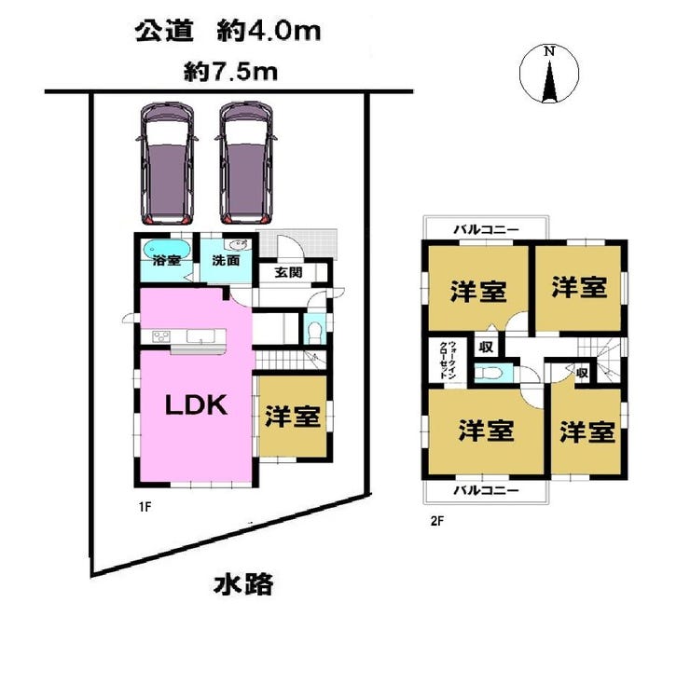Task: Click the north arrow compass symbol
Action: pyautogui.click(x=549, y=74)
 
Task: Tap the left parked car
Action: pyautogui.click(x=167, y=163)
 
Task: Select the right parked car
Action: pyautogui.click(x=246, y=163)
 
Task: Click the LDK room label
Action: pyautogui.click(x=196, y=404)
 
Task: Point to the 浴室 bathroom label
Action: pyautogui.click(x=167, y=260)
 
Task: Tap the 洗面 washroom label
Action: pyautogui.click(x=226, y=260)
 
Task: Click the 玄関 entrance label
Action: pyautogui.click(x=288, y=272)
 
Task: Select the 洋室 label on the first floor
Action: pyautogui.click(x=292, y=417)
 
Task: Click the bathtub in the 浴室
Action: pyautogui.click(x=166, y=249)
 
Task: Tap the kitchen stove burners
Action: pyautogui.click(x=160, y=337)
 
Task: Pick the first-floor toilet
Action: pyautogui.click(x=314, y=332)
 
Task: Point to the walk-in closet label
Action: pyautogui.click(x=448, y=360)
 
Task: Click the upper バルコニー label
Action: pyautogui.click(x=486, y=229)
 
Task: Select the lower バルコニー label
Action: pyautogui.click(x=486, y=489)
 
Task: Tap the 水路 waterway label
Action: pyautogui.click(x=243, y=583)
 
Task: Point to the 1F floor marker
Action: pyautogui.click(x=145, y=507)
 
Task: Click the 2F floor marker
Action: pyautogui.click(x=437, y=521)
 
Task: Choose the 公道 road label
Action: pyautogui.click(x=164, y=31)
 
